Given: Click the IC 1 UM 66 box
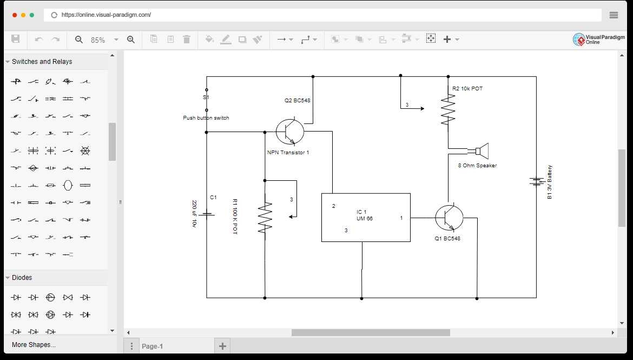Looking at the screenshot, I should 366,217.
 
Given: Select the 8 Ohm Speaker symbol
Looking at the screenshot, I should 482,151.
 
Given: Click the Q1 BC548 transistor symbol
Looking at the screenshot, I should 449,218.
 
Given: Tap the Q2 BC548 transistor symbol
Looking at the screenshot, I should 290,131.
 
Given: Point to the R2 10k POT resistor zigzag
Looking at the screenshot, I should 448,111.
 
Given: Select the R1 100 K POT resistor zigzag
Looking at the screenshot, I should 265,218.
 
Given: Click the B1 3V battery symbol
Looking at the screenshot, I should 536,181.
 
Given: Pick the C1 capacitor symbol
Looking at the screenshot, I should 207,214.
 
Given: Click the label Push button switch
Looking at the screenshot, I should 206,118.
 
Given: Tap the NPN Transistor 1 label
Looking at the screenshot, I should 288,153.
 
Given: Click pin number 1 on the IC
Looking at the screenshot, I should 401,218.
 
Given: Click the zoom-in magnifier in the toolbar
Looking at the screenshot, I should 131,40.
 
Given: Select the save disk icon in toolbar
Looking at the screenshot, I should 15,39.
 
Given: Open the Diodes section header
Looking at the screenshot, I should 22,278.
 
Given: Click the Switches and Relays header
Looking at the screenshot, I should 42,62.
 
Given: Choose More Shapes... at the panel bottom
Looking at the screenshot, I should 34,345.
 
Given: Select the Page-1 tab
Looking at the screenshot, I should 152,346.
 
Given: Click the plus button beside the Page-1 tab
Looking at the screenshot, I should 222,346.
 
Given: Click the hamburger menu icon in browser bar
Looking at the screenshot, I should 614,15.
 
